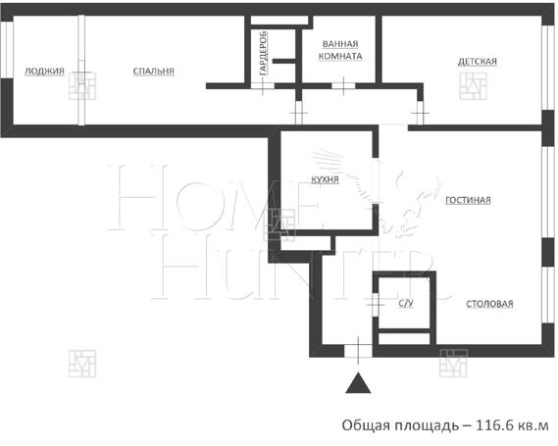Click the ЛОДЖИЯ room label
click(45, 71)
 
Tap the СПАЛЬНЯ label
click(154, 71)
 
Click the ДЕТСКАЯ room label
click(478, 62)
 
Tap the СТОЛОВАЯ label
click(489, 303)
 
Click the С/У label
click(405, 304)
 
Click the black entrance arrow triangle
click(361, 383)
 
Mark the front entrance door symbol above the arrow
click(360, 348)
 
